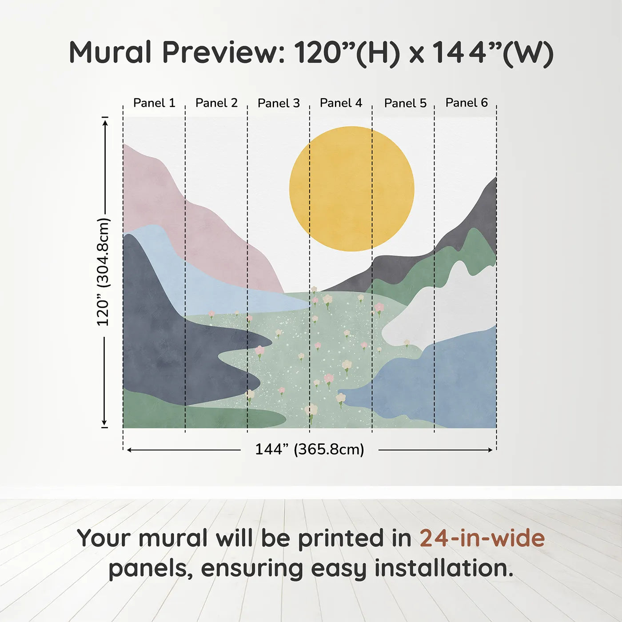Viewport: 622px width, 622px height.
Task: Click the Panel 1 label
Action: pyautogui.click(x=154, y=103)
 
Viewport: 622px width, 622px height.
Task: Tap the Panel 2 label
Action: pyautogui.click(x=216, y=103)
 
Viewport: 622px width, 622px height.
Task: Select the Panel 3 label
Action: pyautogui.click(x=279, y=103)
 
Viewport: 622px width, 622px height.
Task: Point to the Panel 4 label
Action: pyautogui.click(x=341, y=103)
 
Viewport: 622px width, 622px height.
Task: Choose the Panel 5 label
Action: pyautogui.click(x=406, y=103)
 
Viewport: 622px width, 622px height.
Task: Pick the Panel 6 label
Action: pyautogui.click(x=467, y=103)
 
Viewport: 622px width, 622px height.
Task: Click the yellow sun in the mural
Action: pyautogui.click(x=351, y=189)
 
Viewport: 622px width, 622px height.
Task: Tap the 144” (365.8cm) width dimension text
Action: pyautogui.click(x=310, y=449)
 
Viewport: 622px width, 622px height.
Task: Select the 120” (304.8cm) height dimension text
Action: pyautogui.click(x=104, y=272)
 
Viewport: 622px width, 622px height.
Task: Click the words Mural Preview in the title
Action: pyautogui.click(x=176, y=52)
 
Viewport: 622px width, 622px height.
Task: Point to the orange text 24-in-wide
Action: pyautogui.click(x=482, y=538)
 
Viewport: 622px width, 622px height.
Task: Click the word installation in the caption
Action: pyautogui.click(x=444, y=568)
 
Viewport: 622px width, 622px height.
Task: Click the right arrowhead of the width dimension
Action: pyautogui.click(x=490, y=450)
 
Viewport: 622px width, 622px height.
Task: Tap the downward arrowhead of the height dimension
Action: pyautogui.click(x=104, y=423)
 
